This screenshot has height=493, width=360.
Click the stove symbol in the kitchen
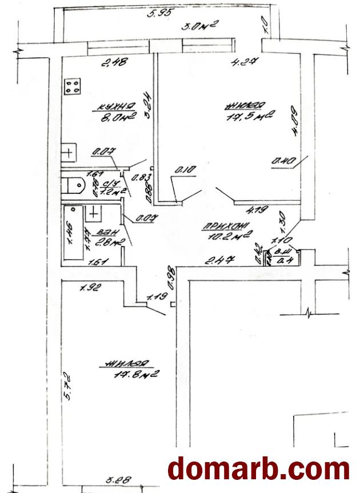(73, 87)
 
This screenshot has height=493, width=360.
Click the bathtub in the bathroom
(72, 236)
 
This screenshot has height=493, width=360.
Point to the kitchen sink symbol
(67, 153)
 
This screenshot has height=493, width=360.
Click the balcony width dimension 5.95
(160, 14)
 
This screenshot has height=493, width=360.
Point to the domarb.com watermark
(259, 469)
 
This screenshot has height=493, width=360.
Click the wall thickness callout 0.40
(282, 162)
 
